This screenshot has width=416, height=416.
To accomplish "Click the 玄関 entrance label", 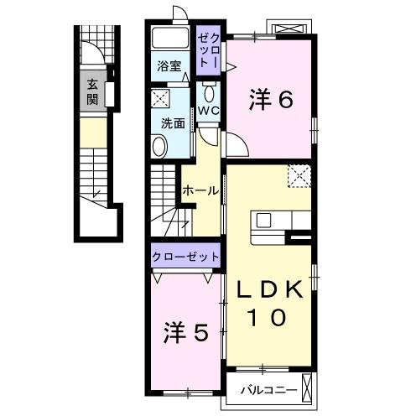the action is pyautogui.click(x=92, y=92).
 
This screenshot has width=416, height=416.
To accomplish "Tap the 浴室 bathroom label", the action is pyautogui.click(x=169, y=66).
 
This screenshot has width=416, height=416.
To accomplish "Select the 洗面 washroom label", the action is pyautogui.click(x=173, y=123).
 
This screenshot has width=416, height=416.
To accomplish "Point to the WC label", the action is pyautogui.click(x=208, y=112).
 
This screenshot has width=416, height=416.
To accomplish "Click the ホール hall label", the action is pyautogui.click(x=200, y=191).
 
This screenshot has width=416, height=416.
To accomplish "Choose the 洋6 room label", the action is pyautogui.click(x=271, y=100).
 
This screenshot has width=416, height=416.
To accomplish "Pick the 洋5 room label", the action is pyautogui.click(x=185, y=332).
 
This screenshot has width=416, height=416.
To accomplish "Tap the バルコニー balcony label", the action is pyautogui.click(x=268, y=390).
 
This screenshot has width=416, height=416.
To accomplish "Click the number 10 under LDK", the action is pyautogui.click(x=267, y=317).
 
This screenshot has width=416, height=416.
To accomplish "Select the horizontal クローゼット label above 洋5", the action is pyautogui.click(x=185, y=257).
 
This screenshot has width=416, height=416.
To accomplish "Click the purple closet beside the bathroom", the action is pyautogui.click(x=208, y=50).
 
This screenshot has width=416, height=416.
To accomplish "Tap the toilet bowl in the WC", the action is pyautogui.click(x=209, y=93).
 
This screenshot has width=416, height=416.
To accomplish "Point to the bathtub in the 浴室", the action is pyautogui.click(x=170, y=38).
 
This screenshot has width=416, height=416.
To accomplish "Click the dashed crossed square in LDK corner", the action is pyautogui.click(x=299, y=176).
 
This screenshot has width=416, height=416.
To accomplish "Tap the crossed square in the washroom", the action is pyautogui.click(x=160, y=98).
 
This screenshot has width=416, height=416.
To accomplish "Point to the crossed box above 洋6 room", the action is pyautogui.click(x=289, y=29).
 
